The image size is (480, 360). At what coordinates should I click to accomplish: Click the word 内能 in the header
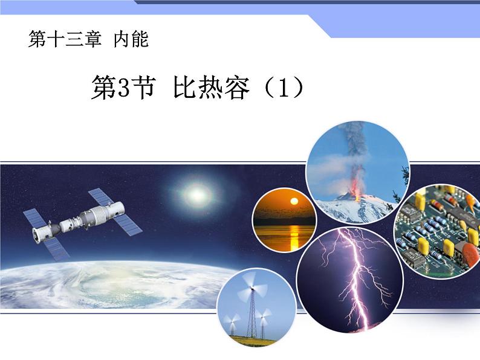131,40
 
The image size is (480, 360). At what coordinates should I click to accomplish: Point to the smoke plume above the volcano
352,151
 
